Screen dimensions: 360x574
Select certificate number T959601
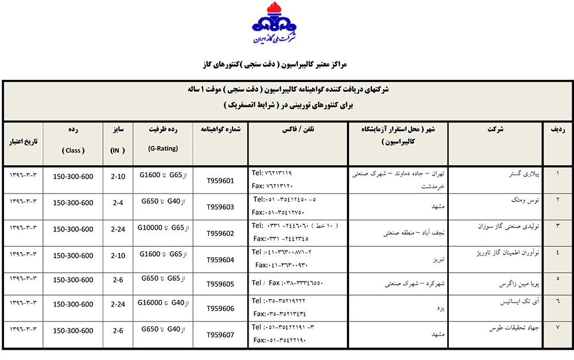[220, 181]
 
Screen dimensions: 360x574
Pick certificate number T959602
[220, 233]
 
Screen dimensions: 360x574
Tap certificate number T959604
[220, 259]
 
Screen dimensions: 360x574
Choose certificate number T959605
[220, 284]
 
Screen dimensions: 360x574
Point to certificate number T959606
[220, 308]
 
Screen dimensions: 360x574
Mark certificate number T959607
[220, 334]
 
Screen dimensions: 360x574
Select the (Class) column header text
[73, 150]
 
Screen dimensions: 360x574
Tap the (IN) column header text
[117, 150]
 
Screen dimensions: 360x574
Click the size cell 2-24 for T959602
[117, 229]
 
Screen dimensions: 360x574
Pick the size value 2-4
[117, 203]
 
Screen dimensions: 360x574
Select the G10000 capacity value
[151, 228]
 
